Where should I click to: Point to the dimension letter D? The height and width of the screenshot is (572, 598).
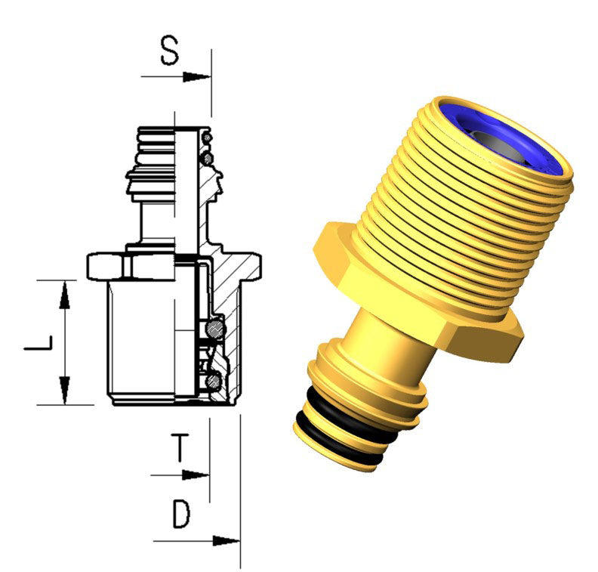click(x=180, y=515)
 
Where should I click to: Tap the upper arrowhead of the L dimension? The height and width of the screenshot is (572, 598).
click(x=66, y=293)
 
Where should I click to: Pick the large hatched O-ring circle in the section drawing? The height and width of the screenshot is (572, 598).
click(x=215, y=328)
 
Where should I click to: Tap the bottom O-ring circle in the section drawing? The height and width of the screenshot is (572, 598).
click(x=215, y=378)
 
